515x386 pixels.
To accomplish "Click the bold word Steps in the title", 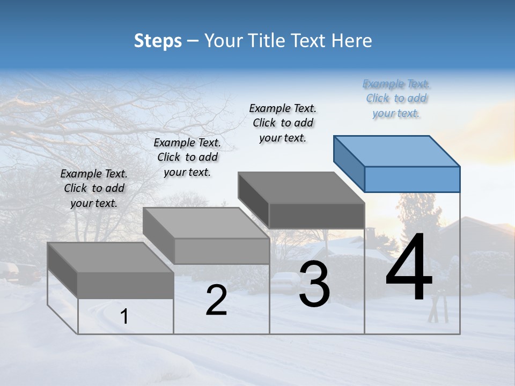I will pyautogui.click(x=158, y=41).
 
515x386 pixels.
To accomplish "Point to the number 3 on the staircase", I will pyautogui.click(x=314, y=284).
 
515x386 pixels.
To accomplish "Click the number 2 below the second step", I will pyautogui.click(x=216, y=300).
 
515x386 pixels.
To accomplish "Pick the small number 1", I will pyautogui.click(x=124, y=317).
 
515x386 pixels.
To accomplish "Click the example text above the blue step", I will pyautogui.click(x=396, y=99).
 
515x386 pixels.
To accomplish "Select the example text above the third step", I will pyautogui.click(x=283, y=123).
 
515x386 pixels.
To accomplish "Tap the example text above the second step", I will pyautogui.click(x=187, y=157).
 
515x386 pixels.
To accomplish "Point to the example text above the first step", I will pyautogui.click(x=94, y=188).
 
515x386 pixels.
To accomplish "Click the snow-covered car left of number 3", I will pyautogui.click(x=285, y=279).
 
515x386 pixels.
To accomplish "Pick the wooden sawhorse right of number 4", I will pyautogui.click(x=438, y=308).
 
